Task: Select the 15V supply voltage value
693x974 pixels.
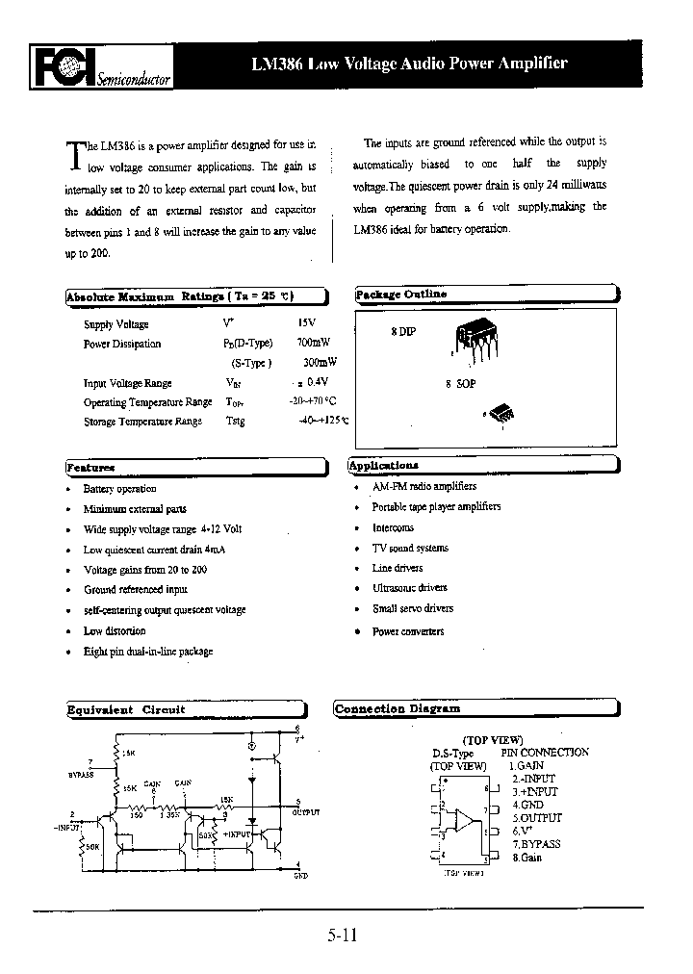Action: (306, 324)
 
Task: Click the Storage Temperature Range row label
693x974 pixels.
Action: (142, 422)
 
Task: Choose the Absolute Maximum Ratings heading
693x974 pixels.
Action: (180, 297)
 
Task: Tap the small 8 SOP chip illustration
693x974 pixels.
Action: (503, 415)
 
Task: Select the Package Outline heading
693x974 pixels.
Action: (401, 295)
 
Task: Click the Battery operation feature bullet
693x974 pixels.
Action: (119, 489)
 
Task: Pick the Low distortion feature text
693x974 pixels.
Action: (115, 631)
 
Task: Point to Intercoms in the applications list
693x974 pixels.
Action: (393, 528)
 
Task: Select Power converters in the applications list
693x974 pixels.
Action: (408, 631)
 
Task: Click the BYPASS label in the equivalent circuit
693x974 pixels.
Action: (82, 773)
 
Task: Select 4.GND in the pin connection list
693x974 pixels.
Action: (527, 805)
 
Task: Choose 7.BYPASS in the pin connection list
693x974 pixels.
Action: (536, 844)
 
